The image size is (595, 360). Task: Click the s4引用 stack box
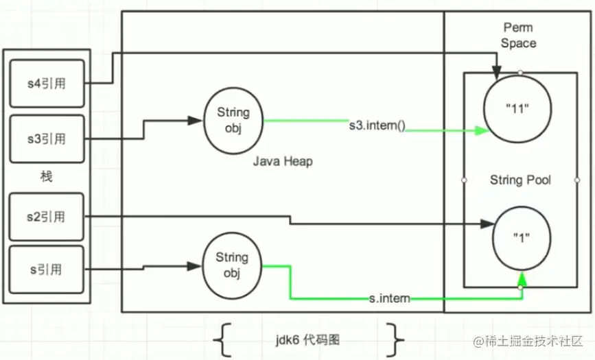tap(47, 83)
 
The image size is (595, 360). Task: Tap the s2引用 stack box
tap(47, 217)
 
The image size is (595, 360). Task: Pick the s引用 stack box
tap(47, 269)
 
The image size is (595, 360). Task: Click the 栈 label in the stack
tap(46, 177)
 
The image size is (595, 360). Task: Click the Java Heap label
tap(283, 162)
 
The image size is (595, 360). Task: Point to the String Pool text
tap(520, 180)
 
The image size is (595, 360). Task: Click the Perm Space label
tap(518, 35)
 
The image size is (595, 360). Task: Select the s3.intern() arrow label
tap(377, 125)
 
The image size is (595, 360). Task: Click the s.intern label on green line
tap(389, 298)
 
